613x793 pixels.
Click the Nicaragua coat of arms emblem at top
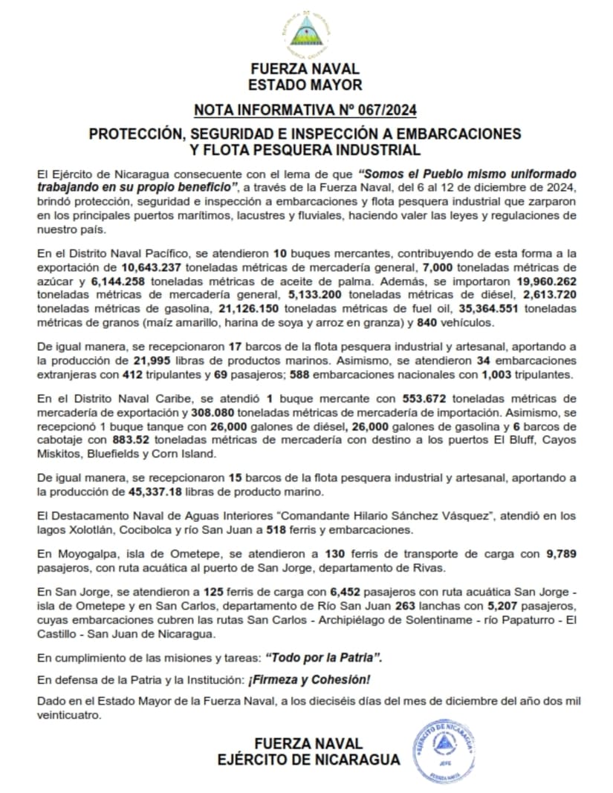click(305, 31)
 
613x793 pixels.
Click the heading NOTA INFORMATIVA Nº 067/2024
click(305, 111)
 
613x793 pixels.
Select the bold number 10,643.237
click(148, 266)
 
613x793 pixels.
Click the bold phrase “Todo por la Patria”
click(328, 658)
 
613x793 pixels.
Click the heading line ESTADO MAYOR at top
click(305, 85)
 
